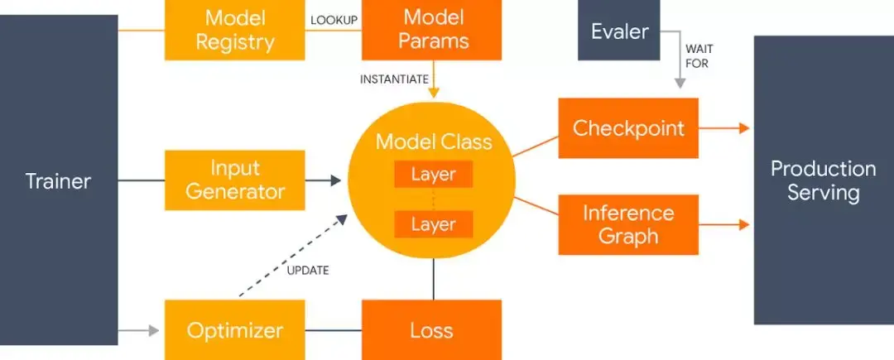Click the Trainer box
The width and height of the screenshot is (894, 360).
(58, 180)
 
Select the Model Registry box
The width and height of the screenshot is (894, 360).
(234, 29)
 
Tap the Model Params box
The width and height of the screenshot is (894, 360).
(431, 29)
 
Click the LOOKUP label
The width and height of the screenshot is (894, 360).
(333, 19)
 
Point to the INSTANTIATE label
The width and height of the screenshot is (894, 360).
(394, 79)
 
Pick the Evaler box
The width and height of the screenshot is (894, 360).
(619, 31)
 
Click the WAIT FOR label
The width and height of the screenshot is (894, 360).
(697, 56)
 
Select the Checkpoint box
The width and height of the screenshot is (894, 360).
(628, 128)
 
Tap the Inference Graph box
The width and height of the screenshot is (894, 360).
(628, 224)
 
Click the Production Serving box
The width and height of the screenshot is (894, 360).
(823, 180)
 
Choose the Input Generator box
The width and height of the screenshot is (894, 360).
(235, 180)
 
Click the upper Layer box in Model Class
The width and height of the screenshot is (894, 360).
(433, 175)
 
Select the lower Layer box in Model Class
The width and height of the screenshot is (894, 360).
(433, 224)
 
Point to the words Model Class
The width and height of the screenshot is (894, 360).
(433, 142)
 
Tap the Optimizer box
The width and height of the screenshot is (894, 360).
(235, 330)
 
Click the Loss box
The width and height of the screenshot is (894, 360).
(431, 330)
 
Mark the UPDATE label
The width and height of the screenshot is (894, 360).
(307, 271)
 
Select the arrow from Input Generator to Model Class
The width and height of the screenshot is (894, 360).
(323, 180)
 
